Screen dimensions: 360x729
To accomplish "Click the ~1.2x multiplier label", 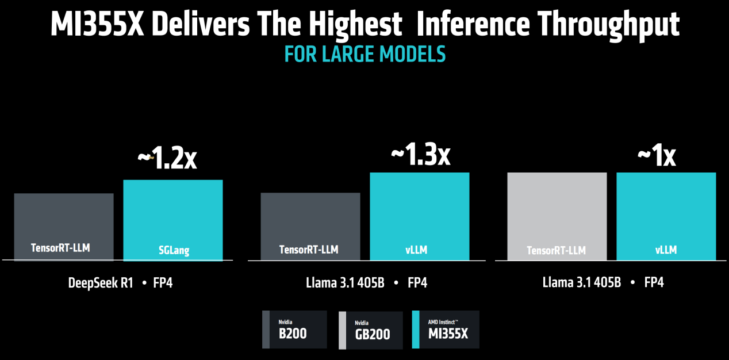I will (167, 159).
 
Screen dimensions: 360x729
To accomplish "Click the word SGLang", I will (174, 250).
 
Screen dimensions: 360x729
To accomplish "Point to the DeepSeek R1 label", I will (100, 283).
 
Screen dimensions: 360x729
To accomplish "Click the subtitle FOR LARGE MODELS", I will (364, 54).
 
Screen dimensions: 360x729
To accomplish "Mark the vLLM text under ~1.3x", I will (419, 250).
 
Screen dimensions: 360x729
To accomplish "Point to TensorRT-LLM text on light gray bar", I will (557, 250).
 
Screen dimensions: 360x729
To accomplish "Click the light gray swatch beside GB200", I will (342, 330).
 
